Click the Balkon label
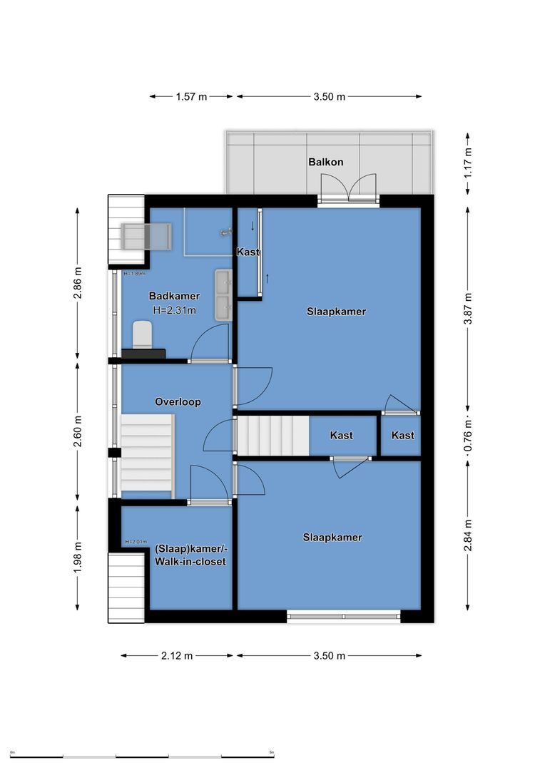pyautogui.click(x=325, y=162)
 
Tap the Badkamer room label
pyautogui.click(x=174, y=296)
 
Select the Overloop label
pyautogui.click(x=178, y=401)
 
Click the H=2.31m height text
pyautogui.click(x=174, y=310)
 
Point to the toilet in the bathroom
pyautogui.click(x=143, y=335)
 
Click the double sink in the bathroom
pyautogui.click(x=223, y=294)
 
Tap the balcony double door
pyautogui.click(x=348, y=189)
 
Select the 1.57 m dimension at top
pyautogui.click(x=191, y=97)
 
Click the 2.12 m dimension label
pyautogui.click(x=177, y=656)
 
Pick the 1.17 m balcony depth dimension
pyautogui.click(x=468, y=163)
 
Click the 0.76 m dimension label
pyautogui.click(x=468, y=435)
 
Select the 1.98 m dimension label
pyautogui.click(x=78, y=557)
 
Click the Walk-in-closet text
pyautogui.click(x=190, y=562)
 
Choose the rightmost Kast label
pyautogui.click(x=402, y=436)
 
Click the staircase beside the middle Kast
pyautogui.click(x=272, y=436)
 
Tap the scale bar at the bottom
pyautogui.click(x=142, y=756)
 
